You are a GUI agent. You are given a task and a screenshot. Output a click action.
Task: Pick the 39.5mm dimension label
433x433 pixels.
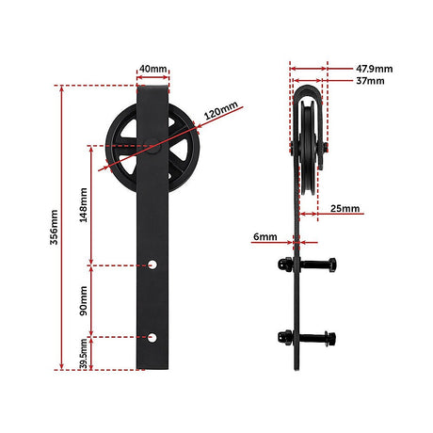pyautogui.click(x=84, y=357)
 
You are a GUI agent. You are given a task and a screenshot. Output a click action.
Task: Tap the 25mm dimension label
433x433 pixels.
pyautogui.click(x=345, y=208)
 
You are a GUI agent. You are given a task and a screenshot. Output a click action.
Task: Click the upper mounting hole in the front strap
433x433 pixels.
pyautogui.click(x=153, y=265)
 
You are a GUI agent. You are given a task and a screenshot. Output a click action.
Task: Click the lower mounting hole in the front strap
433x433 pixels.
pyautogui.click(x=153, y=335)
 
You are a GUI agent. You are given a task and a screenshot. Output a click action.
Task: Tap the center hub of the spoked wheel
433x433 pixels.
pyautogui.click(x=152, y=146)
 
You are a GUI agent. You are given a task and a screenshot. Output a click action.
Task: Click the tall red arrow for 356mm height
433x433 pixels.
pyautogui.click(x=63, y=226)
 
